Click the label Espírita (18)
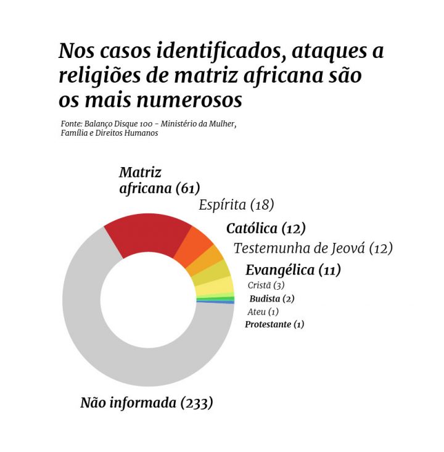(236, 205)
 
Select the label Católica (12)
(266, 228)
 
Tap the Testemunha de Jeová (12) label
(313, 248)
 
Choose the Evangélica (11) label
(293, 269)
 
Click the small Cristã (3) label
(265, 286)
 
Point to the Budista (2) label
(271, 298)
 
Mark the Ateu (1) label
(263, 311)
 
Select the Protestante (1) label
(274, 324)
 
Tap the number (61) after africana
(188, 188)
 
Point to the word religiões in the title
(98, 76)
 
